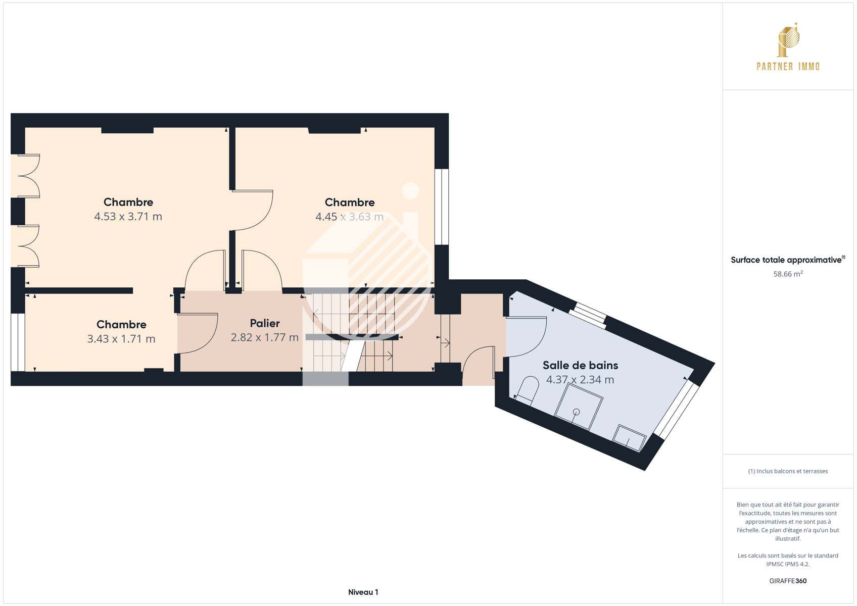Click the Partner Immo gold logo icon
788,39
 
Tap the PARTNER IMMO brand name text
788,67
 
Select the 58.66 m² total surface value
788,274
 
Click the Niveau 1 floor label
363,592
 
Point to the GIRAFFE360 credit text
788,581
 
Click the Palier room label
265,323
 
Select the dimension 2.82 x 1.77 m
265,337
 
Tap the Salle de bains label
581,365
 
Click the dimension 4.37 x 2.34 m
581,379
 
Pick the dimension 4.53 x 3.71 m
128,217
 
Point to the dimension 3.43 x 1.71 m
121,339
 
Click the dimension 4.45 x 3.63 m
349,217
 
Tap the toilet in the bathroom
527,390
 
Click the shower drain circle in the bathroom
576,412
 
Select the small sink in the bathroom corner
630,438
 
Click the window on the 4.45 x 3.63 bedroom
442,207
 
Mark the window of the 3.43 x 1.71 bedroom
18,342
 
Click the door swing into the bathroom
527,336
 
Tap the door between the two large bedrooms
253,210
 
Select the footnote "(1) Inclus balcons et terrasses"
788,471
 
